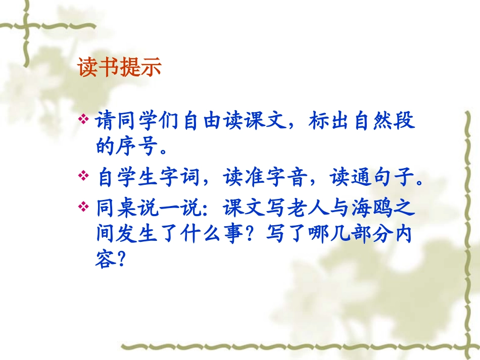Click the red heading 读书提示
click(120, 68)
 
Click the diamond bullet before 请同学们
click(84, 121)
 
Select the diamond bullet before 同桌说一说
click(84, 205)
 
